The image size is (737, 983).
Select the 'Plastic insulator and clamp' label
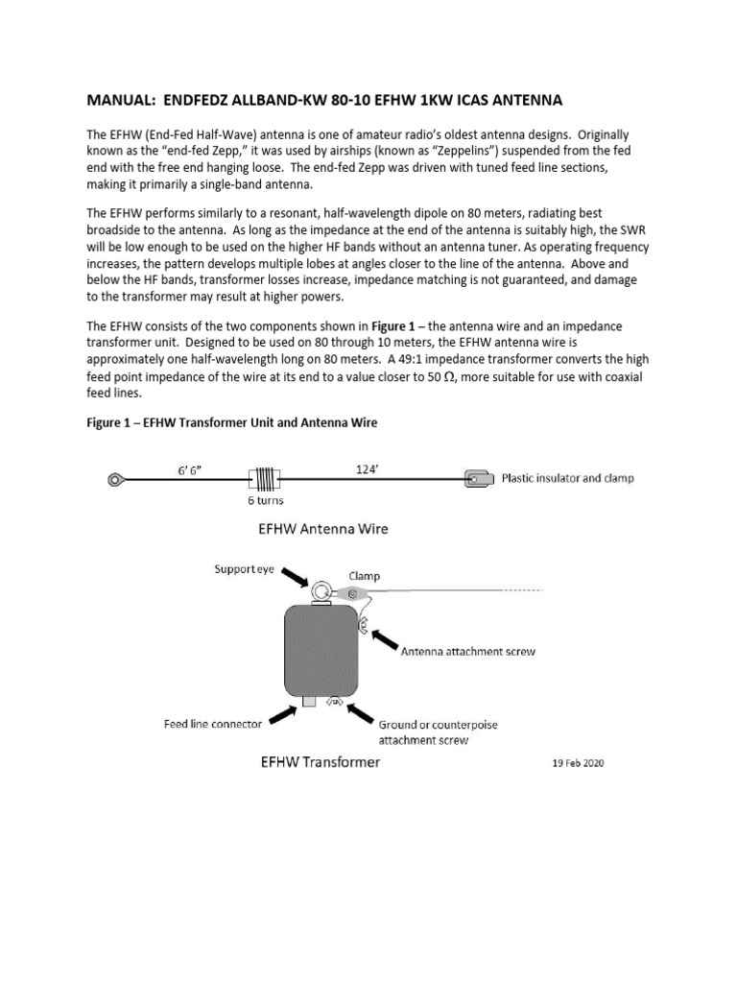pos(568,477)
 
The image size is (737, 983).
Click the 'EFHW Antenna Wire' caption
pos(322,528)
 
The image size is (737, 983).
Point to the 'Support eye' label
pos(244,569)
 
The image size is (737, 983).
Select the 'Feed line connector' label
pos(212,724)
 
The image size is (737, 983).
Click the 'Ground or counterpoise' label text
pos(438,725)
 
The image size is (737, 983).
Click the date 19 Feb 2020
pos(573,764)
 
